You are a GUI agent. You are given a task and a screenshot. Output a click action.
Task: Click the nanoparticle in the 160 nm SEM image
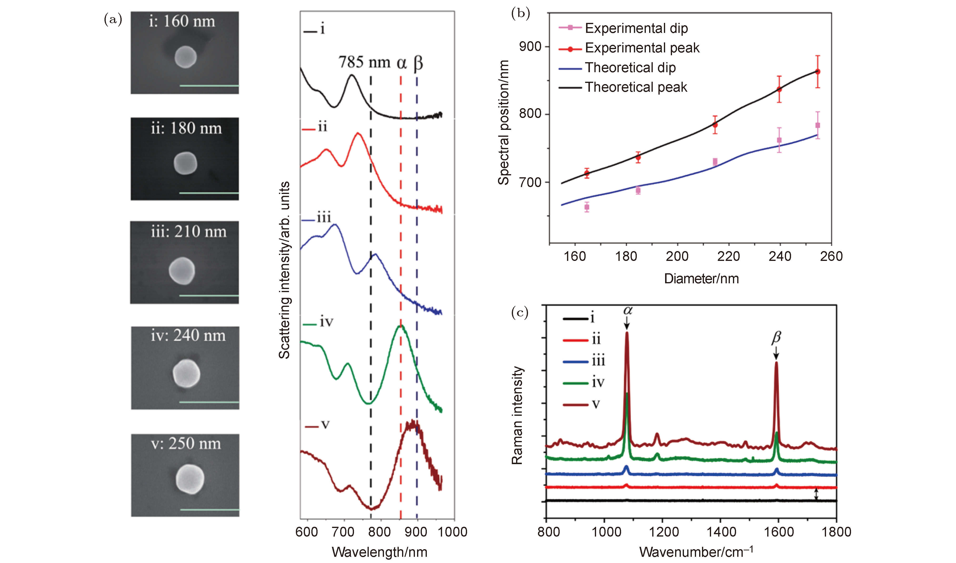(185, 57)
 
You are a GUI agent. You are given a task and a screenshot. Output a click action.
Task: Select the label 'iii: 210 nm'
(189, 232)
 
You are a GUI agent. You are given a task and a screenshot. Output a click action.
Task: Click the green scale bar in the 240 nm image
(209, 402)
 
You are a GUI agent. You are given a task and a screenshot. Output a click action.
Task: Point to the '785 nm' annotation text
(364, 62)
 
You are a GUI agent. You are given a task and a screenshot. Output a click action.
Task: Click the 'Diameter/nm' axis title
(701, 279)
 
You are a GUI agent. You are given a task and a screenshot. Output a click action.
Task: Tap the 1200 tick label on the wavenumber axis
(664, 532)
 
